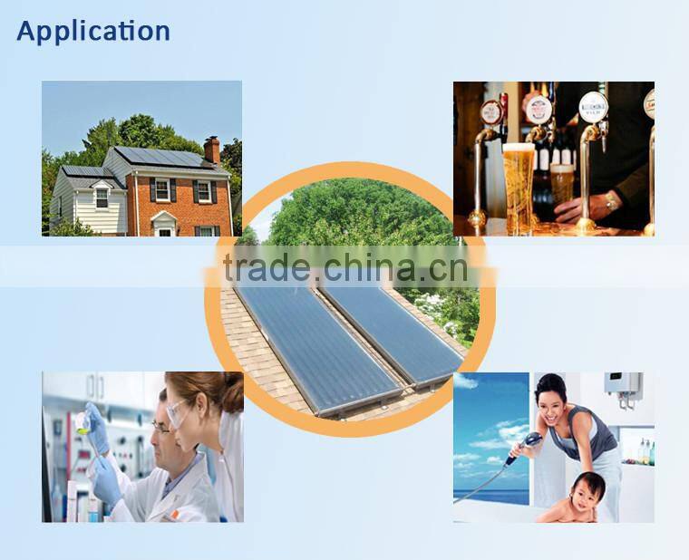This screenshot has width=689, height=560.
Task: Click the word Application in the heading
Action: tap(92, 31)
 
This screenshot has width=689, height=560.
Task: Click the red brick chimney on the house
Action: tap(211, 150)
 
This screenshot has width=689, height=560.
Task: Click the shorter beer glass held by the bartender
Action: tap(561, 184)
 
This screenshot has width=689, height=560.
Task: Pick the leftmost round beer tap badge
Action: tap(491, 112)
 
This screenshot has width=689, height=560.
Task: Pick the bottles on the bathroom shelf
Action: tap(644, 451)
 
